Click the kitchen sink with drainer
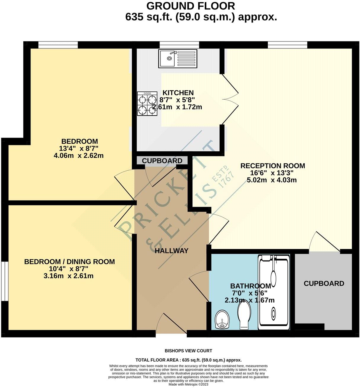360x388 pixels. pos(178,59)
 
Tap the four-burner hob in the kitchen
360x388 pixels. pos(147,103)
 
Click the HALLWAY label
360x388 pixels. pos(172,251)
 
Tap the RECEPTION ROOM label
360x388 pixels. pos(272,166)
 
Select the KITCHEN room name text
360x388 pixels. pos(176,93)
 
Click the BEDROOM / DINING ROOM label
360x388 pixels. pos(70,262)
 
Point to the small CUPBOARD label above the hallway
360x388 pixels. pos(162,161)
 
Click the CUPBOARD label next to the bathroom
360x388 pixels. pos(324,283)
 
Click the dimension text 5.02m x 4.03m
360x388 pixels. pos(272,180)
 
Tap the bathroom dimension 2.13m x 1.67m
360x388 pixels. pos(250,300)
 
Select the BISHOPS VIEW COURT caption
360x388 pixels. pos(188,351)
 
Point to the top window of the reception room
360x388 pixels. pos(287,45)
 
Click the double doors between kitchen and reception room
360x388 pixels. pos(231,99)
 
